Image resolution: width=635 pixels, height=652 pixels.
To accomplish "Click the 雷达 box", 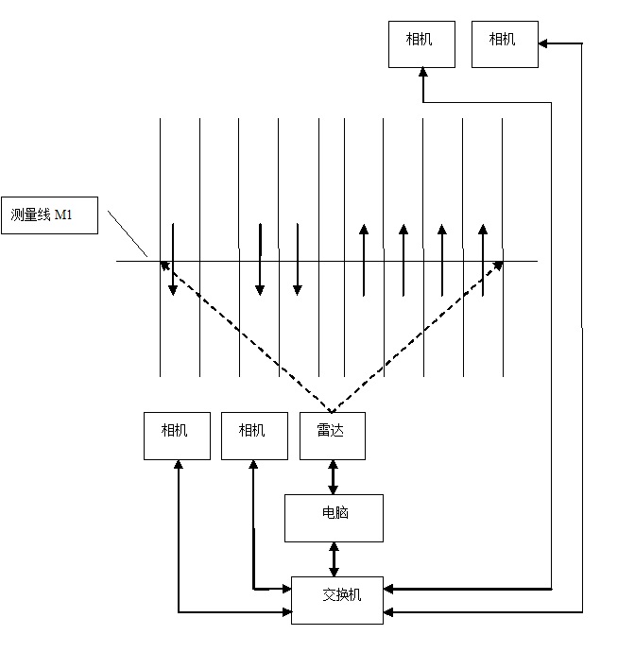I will pyautogui.click(x=333, y=436).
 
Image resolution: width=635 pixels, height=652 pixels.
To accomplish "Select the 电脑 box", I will pyautogui.click(x=334, y=517).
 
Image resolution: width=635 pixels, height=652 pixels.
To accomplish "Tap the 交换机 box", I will pyautogui.click(x=337, y=599).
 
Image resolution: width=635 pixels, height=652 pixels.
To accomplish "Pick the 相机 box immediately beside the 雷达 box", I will pyautogui.click(x=254, y=436).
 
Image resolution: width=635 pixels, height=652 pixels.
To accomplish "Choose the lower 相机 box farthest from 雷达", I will pyautogui.click(x=177, y=436).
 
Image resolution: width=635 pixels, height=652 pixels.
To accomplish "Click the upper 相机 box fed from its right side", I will pyautogui.click(x=505, y=43).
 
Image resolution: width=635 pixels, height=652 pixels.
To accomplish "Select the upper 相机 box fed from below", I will pyautogui.click(x=422, y=43).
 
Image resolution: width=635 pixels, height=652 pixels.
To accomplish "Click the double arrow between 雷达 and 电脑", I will pyautogui.click(x=333, y=477).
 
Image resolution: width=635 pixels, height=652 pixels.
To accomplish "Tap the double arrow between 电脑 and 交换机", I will pyautogui.click(x=333, y=558).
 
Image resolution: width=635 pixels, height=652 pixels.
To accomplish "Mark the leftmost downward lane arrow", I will pyautogui.click(x=172, y=260).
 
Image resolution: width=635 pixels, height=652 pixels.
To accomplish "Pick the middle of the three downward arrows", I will pyautogui.click(x=260, y=260).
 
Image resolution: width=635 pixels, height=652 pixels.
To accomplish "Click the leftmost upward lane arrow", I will pyautogui.click(x=364, y=260).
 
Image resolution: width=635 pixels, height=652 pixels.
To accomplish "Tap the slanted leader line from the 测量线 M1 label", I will pyautogui.click(x=128, y=233).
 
